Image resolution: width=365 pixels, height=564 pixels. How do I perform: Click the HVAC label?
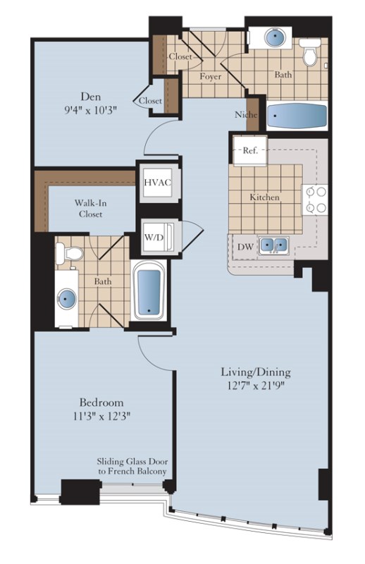pyautogui.click(x=158, y=183)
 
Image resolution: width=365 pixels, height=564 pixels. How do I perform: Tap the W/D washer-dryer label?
pyautogui.click(x=154, y=237)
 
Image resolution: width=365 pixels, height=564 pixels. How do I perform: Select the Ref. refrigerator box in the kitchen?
pyautogui.click(x=250, y=150)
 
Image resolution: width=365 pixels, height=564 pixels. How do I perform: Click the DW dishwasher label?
pyautogui.click(x=246, y=247)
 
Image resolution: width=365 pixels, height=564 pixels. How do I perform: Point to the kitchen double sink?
pyautogui.click(x=273, y=245)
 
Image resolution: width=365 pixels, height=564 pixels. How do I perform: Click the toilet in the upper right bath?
pyautogui.click(x=309, y=52)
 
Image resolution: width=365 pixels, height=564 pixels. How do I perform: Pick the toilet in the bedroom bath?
pyautogui.click(x=69, y=253)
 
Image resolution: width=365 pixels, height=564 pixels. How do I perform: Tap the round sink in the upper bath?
pyautogui.click(x=275, y=37)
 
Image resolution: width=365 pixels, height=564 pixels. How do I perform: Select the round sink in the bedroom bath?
pyautogui.click(x=66, y=299)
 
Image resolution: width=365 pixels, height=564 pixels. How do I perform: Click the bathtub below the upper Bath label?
pyautogui.click(x=297, y=116)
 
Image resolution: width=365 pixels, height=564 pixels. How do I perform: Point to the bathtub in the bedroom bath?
pyautogui.click(x=149, y=290)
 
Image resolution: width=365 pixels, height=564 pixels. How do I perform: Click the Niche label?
pyautogui.click(x=246, y=115)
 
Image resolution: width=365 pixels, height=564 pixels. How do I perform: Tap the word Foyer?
pyautogui.click(x=211, y=77)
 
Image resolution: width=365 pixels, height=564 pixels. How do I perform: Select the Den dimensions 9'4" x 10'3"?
pyautogui.click(x=91, y=110)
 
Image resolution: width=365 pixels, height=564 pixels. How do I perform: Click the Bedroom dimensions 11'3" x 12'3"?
pyautogui.click(x=101, y=417)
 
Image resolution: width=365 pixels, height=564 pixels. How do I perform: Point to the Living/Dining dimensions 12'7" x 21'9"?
pyautogui.click(x=256, y=386)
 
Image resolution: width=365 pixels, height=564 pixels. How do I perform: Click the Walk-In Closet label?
pyautogui.click(x=91, y=209)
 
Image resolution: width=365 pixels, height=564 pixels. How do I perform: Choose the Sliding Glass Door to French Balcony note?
pyautogui.click(x=132, y=466)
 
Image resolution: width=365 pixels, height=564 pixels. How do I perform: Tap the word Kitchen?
pyautogui.click(x=265, y=197)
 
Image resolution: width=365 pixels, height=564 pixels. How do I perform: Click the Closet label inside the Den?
pyautogui.click(x=150, y=101)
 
